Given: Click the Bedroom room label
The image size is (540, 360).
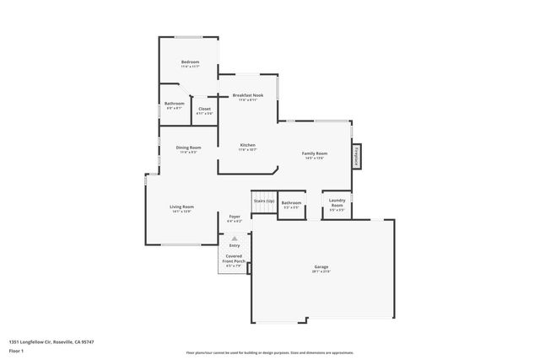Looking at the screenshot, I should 189,62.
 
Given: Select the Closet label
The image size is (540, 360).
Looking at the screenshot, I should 204,109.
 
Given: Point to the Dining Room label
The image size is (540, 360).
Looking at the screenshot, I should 188,148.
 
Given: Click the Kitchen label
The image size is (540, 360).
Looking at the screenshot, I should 247,145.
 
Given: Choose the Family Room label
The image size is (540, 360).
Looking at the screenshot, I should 314,153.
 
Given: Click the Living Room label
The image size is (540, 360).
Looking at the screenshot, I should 182,207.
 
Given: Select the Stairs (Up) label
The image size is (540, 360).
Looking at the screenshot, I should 264,201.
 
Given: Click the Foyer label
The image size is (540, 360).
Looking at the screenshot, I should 235,217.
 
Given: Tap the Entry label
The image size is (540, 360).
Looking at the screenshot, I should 234,245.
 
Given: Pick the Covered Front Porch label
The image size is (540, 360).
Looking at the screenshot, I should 234,258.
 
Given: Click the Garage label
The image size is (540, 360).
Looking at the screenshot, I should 321,266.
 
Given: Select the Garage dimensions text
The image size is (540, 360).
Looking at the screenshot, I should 321,271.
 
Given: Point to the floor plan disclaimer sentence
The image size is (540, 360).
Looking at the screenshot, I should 270,352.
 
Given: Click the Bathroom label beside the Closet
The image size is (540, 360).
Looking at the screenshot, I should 175,104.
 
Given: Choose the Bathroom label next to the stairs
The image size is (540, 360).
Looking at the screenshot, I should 291,202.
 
